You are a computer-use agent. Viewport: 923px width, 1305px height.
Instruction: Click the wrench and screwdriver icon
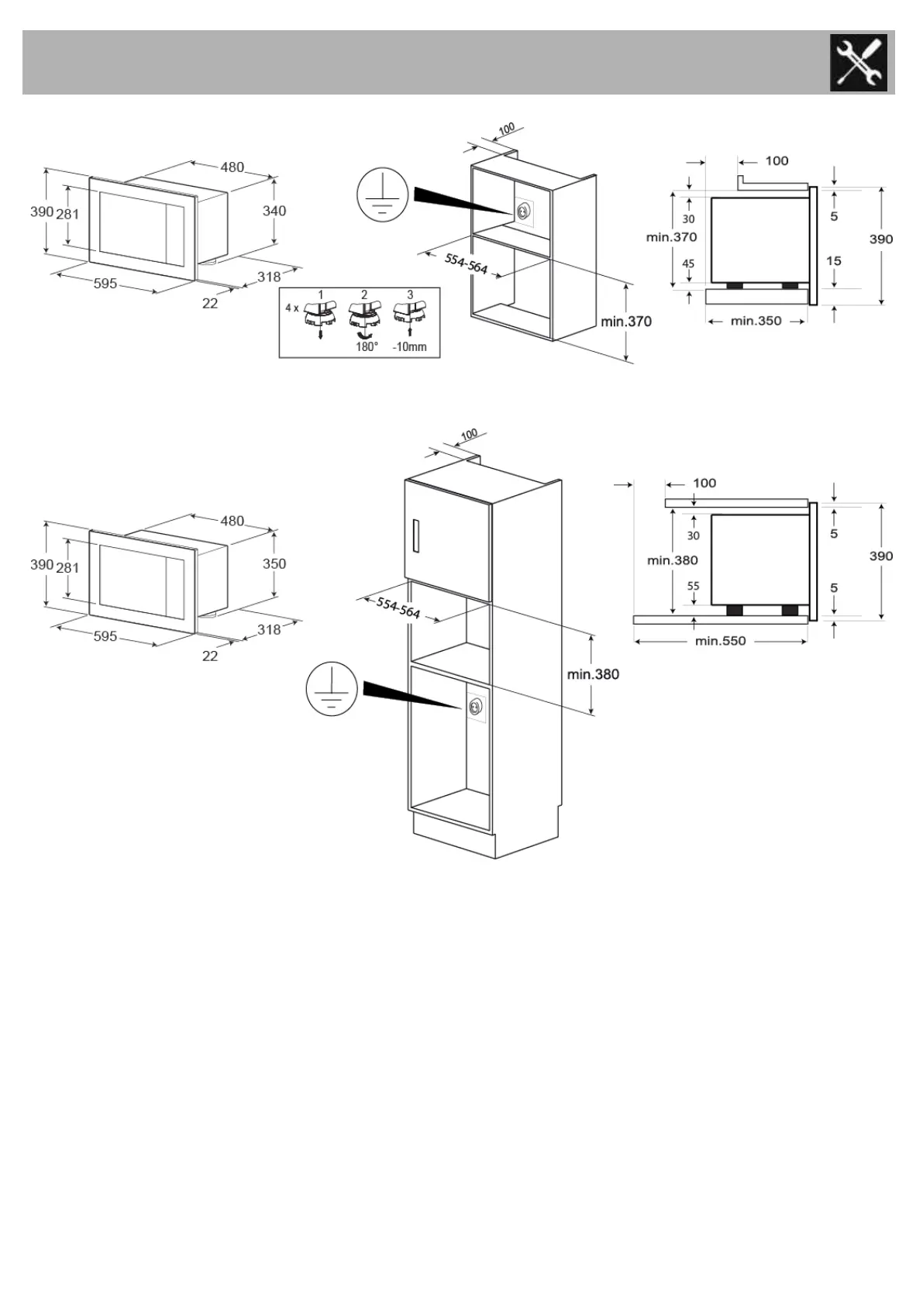coord(858,63)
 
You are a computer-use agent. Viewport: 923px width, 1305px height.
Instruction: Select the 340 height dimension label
coord(274,211)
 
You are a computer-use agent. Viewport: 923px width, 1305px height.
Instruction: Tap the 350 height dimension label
coord(274,563)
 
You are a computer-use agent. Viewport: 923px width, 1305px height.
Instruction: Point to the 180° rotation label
coord(367,346)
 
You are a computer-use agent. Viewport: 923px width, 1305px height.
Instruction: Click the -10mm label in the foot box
coord(409,346)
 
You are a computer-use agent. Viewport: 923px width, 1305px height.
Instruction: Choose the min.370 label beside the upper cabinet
coord(626,321)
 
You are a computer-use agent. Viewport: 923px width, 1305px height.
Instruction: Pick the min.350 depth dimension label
coord(756,321)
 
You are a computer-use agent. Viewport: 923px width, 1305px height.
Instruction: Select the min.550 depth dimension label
coord(720,641)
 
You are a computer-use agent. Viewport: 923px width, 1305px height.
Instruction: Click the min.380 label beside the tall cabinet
coord(593,674)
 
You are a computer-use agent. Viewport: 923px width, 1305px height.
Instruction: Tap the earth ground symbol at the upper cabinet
coord(382,194)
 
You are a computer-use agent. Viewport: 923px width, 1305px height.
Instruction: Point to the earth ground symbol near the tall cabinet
coord(332,688)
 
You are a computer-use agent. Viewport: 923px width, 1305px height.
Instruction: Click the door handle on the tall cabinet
coord(418,536)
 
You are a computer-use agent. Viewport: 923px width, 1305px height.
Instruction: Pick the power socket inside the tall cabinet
coord(474,706)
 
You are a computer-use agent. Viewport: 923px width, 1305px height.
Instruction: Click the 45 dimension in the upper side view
coord(688,263)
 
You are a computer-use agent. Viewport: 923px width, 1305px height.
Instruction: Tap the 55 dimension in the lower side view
coord(693,586)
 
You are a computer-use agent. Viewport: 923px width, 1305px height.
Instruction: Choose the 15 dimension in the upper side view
coord(833,260)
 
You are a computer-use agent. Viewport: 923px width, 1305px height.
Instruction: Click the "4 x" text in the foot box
coord(291,308)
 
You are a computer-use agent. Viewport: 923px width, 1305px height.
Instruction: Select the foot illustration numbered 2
coord(363,316)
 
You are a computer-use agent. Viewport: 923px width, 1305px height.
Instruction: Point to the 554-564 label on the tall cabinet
coord(398,608)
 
